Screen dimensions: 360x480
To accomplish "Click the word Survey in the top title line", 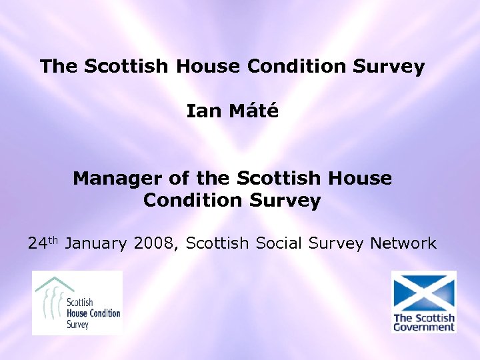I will (391, 67).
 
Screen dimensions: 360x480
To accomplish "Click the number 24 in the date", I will (37, 244).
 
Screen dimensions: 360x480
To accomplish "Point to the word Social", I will (275, 244).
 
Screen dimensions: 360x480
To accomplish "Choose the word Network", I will (404, 244).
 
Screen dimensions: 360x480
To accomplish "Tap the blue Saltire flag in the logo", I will (423, 292).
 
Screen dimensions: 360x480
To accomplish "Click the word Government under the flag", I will (424, 327).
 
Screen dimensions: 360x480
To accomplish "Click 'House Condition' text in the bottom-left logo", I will (93, 313).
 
